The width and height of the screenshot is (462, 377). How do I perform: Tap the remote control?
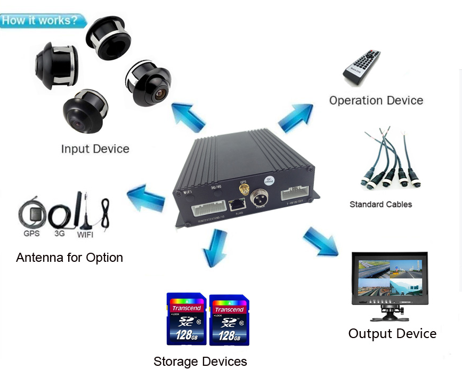361,67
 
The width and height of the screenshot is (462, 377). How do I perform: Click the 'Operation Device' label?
376,100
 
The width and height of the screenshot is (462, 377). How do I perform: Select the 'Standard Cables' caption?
380,204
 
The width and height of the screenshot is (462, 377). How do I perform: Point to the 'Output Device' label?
392,334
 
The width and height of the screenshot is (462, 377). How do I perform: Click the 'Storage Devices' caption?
200,362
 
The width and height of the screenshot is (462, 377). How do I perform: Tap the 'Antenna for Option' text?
69,258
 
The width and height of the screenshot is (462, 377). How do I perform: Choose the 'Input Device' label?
95,148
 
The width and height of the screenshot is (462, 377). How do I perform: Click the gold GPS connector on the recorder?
242,190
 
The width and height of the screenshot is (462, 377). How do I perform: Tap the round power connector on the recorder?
260,200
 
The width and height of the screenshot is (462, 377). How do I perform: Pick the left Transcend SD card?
186,318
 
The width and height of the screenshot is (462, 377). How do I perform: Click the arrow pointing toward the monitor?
320,239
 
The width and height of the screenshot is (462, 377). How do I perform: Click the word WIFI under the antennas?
85,234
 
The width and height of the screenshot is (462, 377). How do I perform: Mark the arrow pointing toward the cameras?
188,117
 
